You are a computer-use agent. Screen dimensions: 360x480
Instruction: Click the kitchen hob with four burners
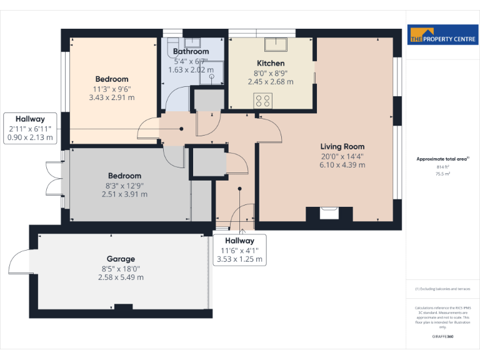(262, 99)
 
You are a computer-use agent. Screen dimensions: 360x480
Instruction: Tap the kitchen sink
(275, 44)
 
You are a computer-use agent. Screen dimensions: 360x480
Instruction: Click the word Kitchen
(271, 63)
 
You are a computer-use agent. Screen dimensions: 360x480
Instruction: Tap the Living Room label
(342, 146)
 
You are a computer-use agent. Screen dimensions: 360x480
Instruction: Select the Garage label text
(121, 259)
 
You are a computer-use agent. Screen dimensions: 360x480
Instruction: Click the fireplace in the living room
(329, 213)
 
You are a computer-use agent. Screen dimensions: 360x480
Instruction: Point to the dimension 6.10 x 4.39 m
(342, 165)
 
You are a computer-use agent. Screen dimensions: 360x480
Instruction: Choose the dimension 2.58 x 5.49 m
(121, 277)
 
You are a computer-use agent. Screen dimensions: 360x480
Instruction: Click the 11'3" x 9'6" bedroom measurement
(112, 89)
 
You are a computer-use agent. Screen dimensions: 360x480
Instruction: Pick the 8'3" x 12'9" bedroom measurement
(124, 185)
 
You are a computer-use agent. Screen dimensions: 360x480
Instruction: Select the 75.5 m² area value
(442, 174)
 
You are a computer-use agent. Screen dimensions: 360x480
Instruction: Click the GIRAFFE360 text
(442, 336)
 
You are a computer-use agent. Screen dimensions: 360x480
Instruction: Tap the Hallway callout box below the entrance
(239, 249)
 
